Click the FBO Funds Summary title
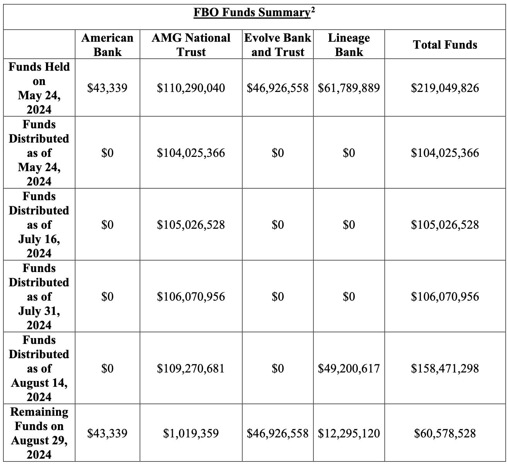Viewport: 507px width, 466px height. [x=251, y=13]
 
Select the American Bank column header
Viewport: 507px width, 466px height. [x=107, y=45]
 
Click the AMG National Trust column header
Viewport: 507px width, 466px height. [x=191, y=45]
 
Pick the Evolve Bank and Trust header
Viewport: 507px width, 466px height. [x=277, y=45]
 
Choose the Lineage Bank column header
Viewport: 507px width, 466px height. [x=349, y=45]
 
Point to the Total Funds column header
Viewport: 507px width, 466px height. [x=445, y=45]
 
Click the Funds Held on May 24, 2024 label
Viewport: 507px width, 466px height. [x=39, y=88]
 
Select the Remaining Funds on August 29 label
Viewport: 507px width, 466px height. [x=39, y=433]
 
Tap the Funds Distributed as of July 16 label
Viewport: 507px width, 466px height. [x=39, y=224]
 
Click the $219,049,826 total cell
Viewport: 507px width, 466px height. [x=445, y=88]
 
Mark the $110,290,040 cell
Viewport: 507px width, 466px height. [x=191, y=88]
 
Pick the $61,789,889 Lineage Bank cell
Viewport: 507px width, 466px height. [x=349, y=88]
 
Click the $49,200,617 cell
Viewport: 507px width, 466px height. [x=349, y=369]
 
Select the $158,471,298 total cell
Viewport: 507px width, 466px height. [x=445, y=369]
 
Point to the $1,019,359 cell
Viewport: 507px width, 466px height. [x=191, y=433]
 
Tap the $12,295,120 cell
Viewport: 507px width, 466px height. [x=349, y=433]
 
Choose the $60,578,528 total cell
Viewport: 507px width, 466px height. [x=445, y=433]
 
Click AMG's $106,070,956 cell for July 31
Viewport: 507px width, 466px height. [x=191, y=297]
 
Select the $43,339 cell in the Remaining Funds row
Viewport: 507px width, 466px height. [x=107, y=433]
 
